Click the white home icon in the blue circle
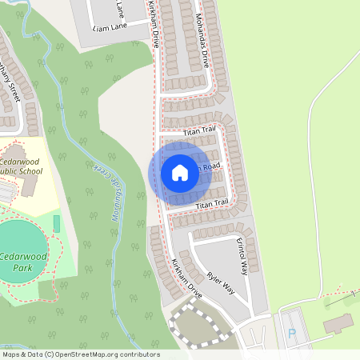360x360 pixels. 179,172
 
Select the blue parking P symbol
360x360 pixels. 291,333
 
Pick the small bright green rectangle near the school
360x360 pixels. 57,222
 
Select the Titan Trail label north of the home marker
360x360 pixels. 199,130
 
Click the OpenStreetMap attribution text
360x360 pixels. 80,354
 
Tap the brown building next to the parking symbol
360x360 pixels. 338,323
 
